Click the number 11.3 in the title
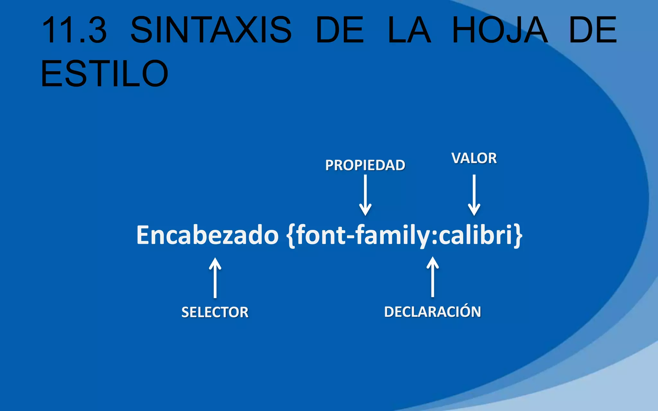click(75, 30)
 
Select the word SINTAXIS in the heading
click(211, 30)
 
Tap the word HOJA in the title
click(500, 30)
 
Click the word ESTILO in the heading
click(104, 74)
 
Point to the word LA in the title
click(409, 30)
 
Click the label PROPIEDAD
click(365, 165)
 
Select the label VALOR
click(474, 158)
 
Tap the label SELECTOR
click(215, 312)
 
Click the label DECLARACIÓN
click(432, 312)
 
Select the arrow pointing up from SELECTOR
click(215, 278)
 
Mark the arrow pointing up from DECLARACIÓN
click(432, 277)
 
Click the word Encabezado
click(207, 235)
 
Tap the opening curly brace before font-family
click(290, 236)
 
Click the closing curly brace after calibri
click(518, 236)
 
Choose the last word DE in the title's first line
click(593, 30)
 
